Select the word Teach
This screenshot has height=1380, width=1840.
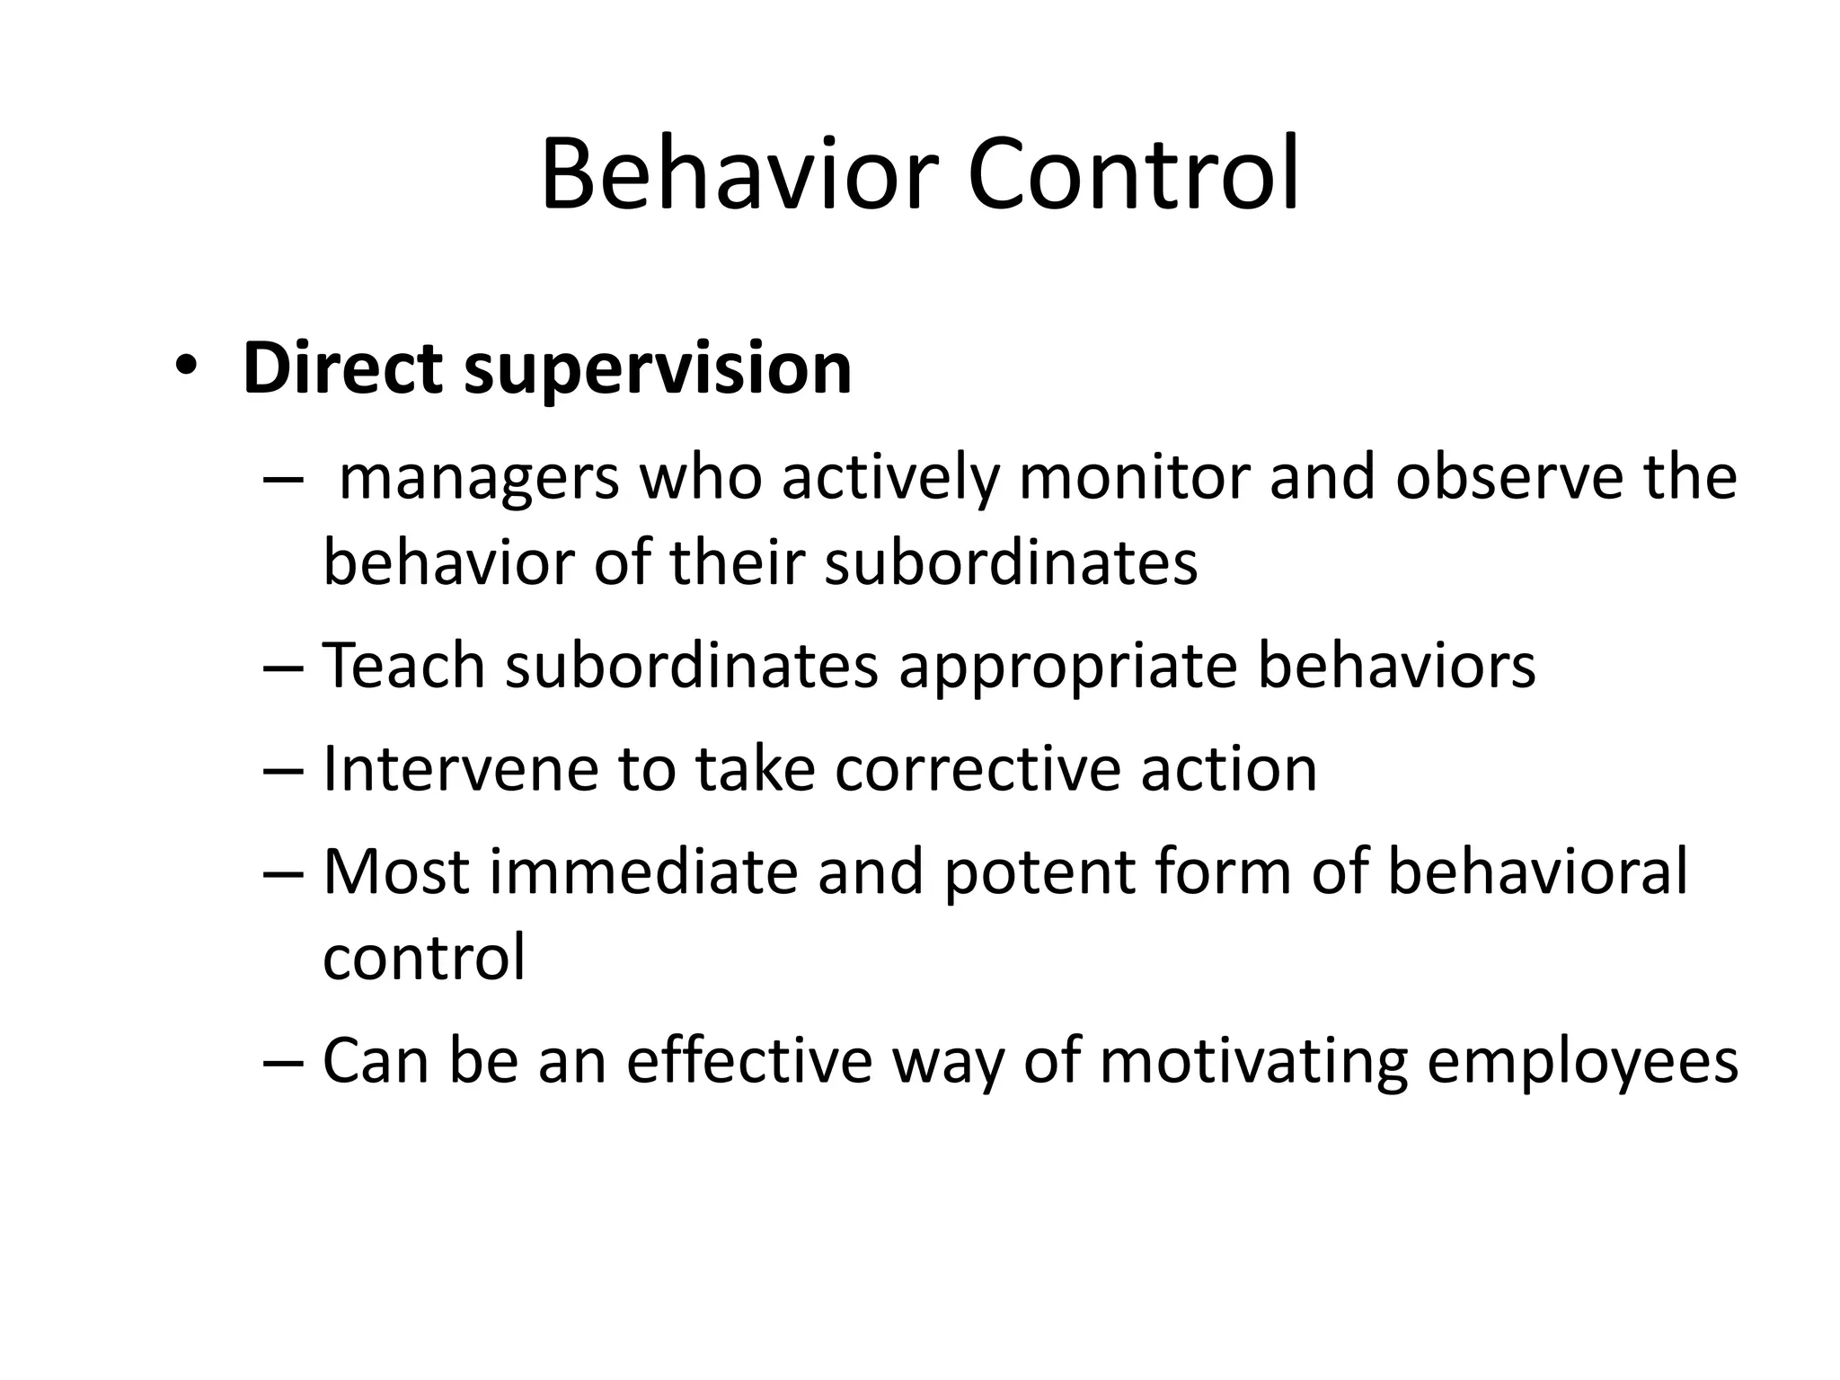coord(403,666)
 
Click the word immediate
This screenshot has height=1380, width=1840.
coord(643,871)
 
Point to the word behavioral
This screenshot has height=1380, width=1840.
coord(1537,871)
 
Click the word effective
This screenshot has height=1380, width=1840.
coord(749,1061)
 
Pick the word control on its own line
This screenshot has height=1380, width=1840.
coord(423,958)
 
